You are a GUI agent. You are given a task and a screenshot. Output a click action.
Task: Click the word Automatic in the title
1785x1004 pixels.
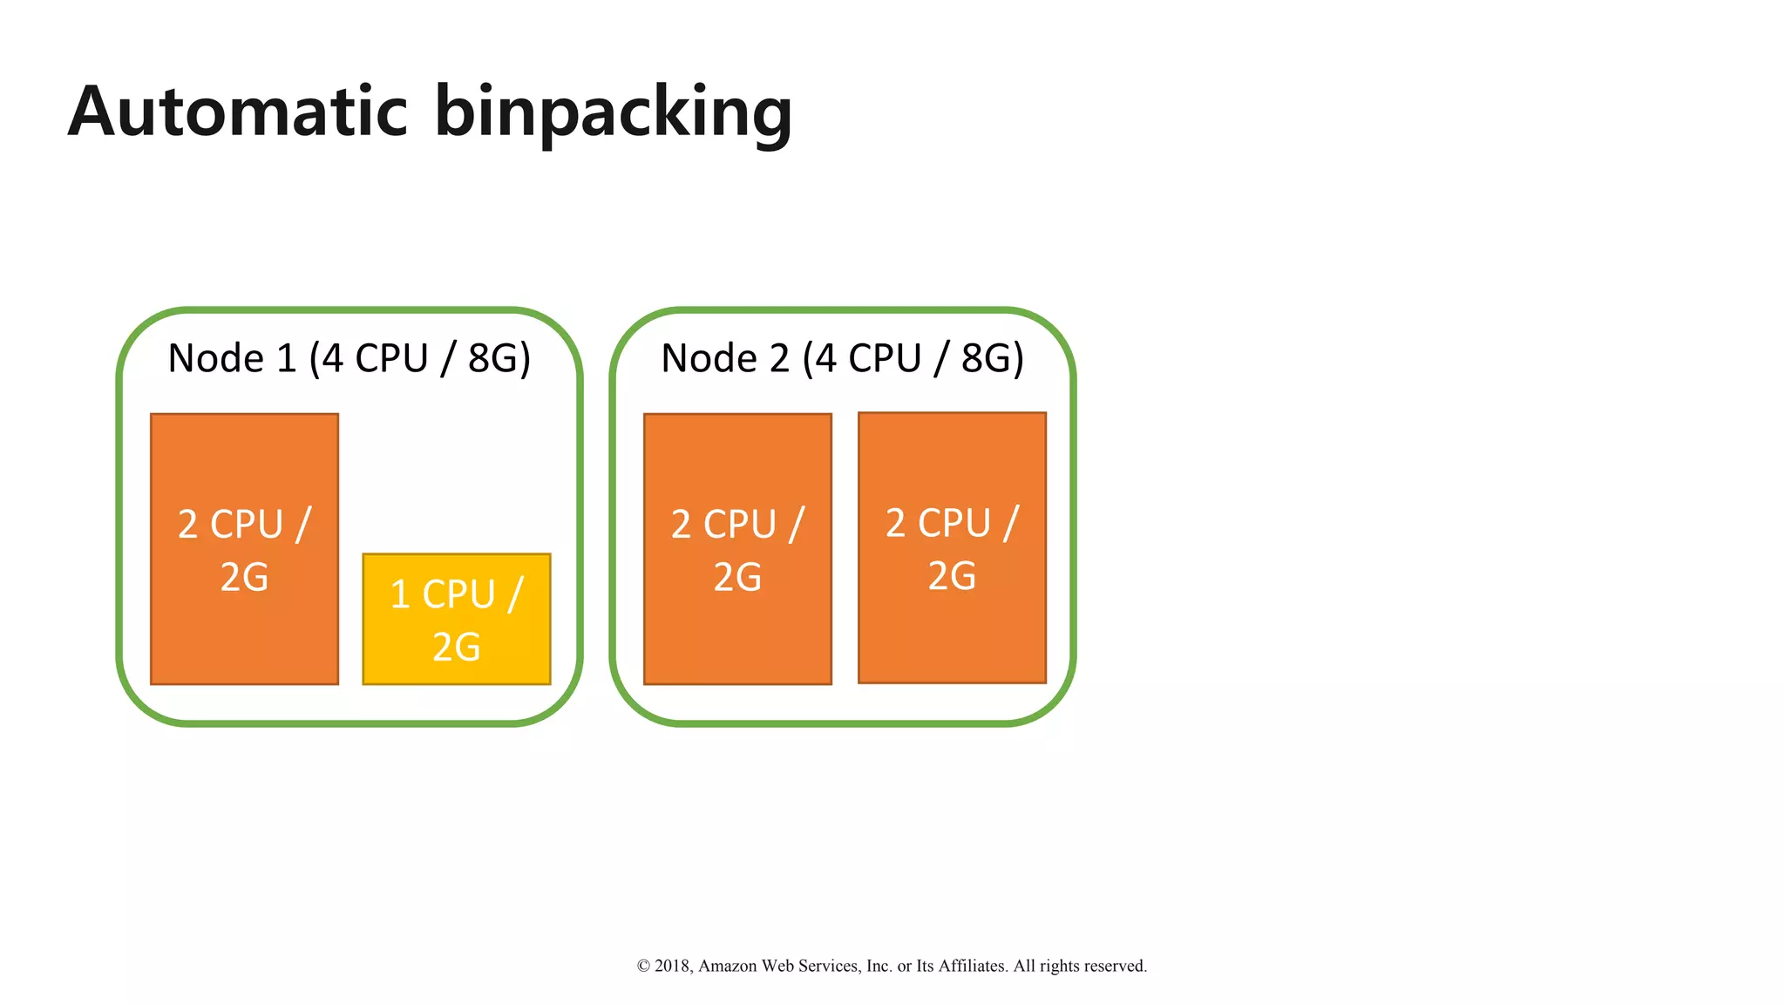point(238,112)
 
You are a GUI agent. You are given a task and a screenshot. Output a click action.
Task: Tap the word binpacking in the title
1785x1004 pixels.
point(613,113)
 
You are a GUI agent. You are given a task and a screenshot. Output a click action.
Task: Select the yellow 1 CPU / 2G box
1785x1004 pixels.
point(456,619)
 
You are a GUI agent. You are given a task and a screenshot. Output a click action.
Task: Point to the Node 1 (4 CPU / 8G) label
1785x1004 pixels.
point(349,358)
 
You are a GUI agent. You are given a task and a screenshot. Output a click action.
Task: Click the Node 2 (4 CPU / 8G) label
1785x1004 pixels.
point(842,358)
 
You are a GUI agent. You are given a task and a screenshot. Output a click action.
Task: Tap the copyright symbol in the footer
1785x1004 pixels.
point(643,966)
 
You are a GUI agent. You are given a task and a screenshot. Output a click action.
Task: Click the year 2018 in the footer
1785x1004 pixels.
point(672,966)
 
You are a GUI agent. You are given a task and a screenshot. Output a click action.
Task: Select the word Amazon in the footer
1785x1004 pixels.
point(728,966)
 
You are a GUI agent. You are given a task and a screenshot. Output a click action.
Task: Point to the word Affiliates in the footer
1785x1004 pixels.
point(972,966)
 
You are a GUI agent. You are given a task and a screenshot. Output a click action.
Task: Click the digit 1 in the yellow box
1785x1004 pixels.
point(400,595)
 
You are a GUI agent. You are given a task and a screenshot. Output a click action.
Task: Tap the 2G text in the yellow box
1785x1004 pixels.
point(456,648)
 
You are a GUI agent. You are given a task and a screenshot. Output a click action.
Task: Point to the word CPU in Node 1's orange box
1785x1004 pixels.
point(247,525)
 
